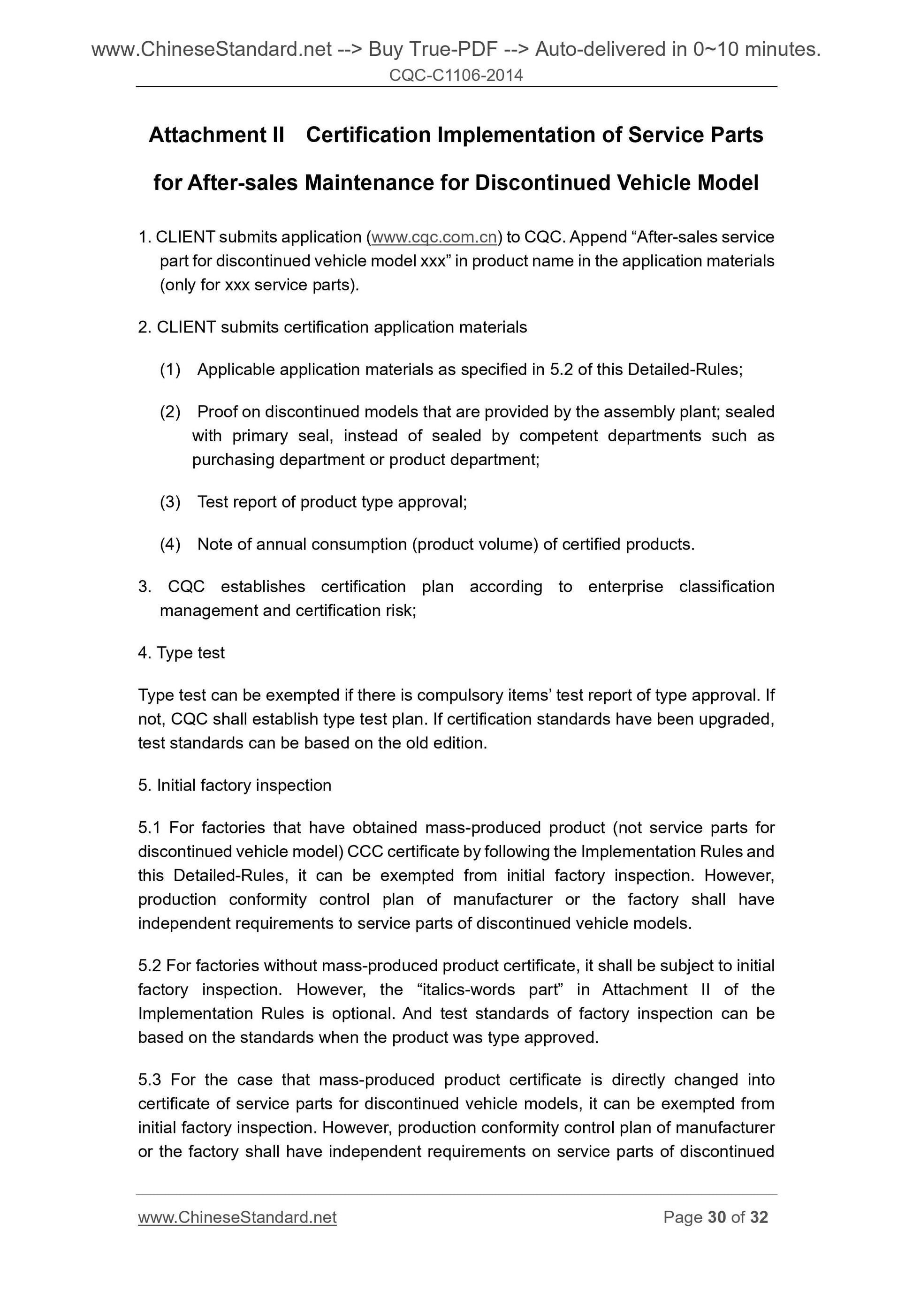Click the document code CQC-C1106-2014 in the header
tap(456, 75)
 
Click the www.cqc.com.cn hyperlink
tap(434, 237)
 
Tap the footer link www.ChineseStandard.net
tap(237, 1217)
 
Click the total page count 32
tap(758, 1217)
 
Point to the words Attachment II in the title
tap(217, 135)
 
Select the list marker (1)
tap(170, 370)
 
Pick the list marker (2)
tap(170, 412)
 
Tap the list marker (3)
tap(170, 502)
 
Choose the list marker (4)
tap(170, 544)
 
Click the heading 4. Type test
tap(181, 653)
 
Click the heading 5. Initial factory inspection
tap(235, 785)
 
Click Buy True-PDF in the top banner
tap(433, 50)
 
